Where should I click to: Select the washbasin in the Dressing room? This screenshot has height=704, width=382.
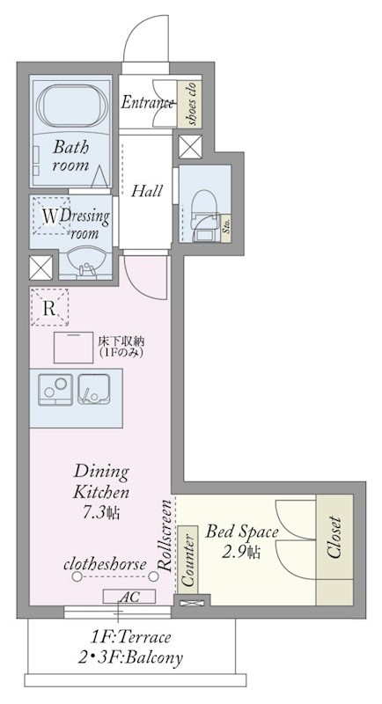85,261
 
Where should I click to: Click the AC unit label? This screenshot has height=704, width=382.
129,597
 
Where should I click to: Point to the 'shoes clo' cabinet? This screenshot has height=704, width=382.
189,103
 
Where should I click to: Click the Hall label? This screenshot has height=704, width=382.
146,191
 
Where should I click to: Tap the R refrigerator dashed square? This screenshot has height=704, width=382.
50,307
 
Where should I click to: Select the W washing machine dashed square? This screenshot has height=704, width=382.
51,216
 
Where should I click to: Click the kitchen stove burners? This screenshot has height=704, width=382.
55,389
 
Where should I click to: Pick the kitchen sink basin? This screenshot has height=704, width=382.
94,389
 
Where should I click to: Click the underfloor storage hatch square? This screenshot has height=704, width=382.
74,348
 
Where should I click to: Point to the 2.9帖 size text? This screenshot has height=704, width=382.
241,551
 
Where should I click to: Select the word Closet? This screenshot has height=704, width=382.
334,538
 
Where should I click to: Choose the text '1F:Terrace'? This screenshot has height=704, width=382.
130,636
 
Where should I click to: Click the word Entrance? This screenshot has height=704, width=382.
147,103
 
